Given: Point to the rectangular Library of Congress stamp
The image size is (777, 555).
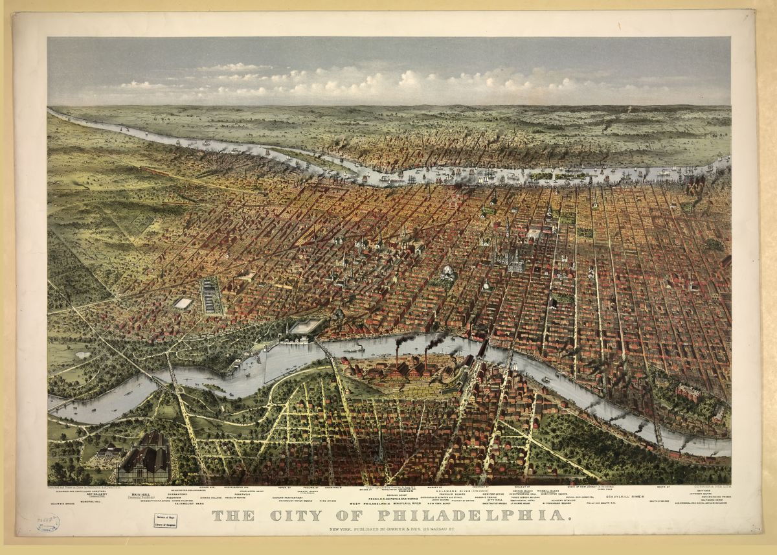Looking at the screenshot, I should click(x=164, y=520).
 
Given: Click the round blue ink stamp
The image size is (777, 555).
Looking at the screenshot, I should click(x=47, y=523).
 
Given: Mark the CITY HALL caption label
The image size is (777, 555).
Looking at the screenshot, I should click(x=495, y=500).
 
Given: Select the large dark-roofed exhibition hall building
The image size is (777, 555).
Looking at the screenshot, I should click(x=144, y=459).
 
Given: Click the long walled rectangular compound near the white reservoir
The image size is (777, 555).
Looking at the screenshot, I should click(x=210, y=295).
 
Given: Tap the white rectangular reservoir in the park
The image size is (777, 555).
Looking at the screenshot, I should click(x=183, y=303).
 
